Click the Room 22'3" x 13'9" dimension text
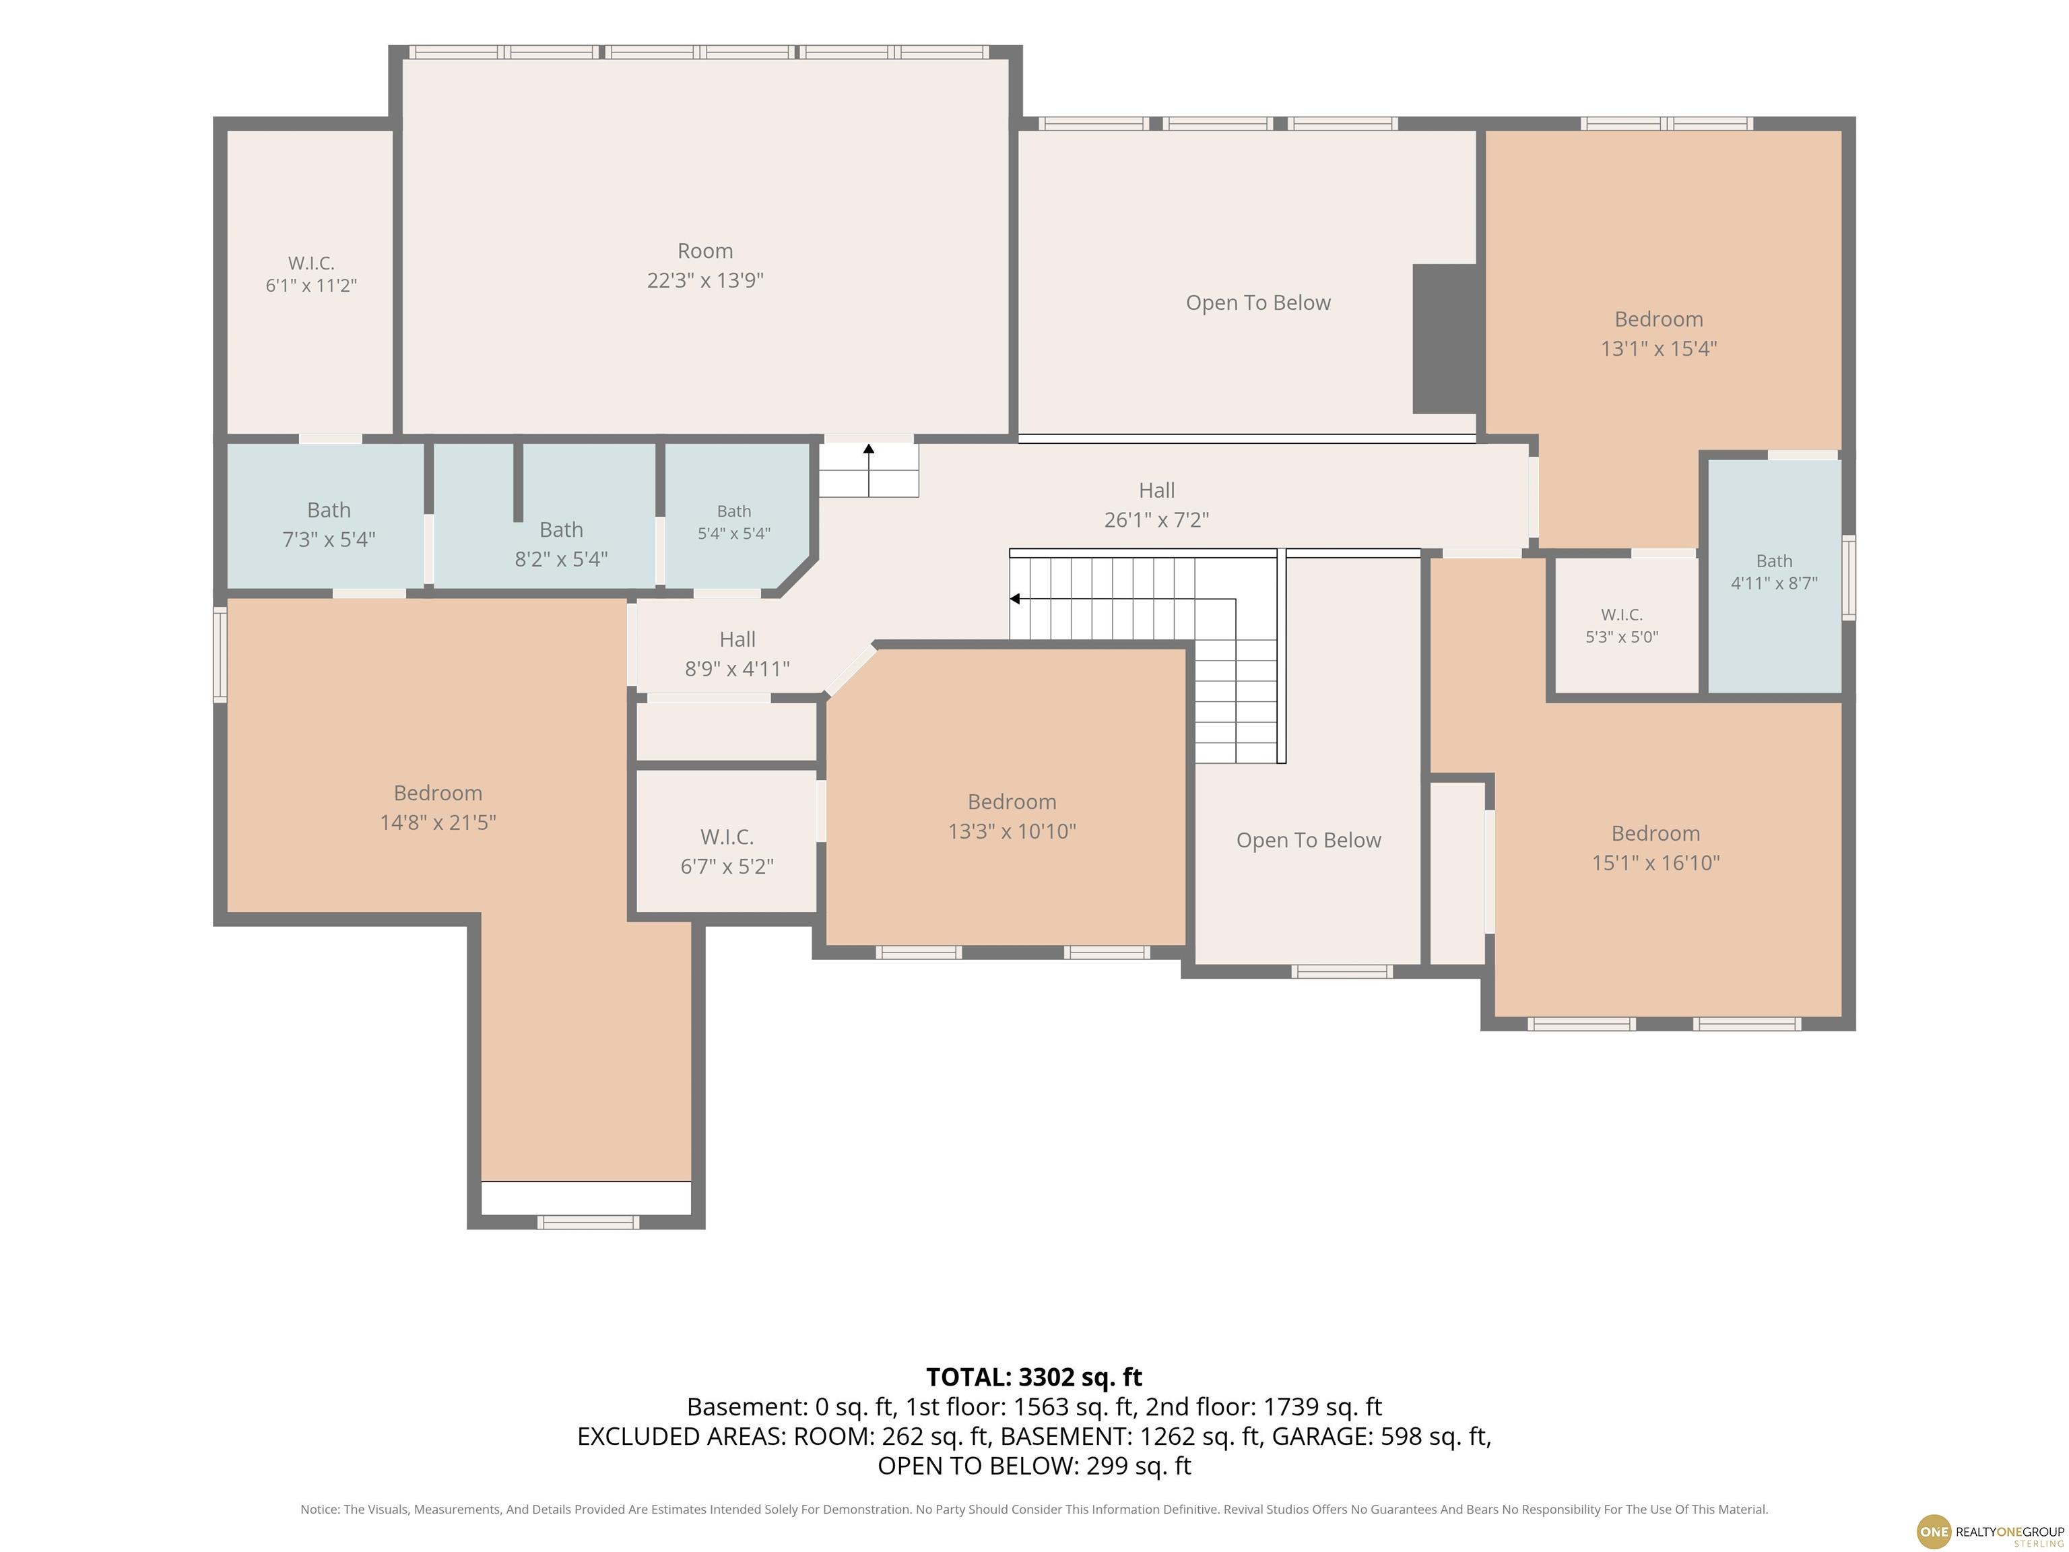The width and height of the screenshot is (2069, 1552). click(705, 265)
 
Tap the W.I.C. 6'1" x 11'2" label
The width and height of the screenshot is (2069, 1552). click(311, 274)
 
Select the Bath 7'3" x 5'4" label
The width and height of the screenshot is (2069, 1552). click(329, 525)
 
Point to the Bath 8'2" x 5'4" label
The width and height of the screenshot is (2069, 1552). click(561, 544)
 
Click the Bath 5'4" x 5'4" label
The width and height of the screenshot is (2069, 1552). click(734, 522)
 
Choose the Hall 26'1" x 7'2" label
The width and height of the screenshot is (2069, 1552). click(1157, 505)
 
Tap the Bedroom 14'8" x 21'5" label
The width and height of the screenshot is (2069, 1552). click(438, 808)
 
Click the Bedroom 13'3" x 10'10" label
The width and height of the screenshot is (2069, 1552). click(1012, 816)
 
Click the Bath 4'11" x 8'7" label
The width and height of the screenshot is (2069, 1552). click(1775, 572)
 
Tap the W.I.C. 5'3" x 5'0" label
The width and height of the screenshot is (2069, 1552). click(1622, 625)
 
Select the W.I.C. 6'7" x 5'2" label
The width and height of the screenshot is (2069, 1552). click(727, 851)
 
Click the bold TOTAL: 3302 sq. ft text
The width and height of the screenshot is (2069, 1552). click(1034, 1377)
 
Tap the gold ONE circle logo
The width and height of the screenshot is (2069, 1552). click(1934, 1531)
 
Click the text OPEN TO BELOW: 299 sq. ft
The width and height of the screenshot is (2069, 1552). click(1034, 1466)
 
